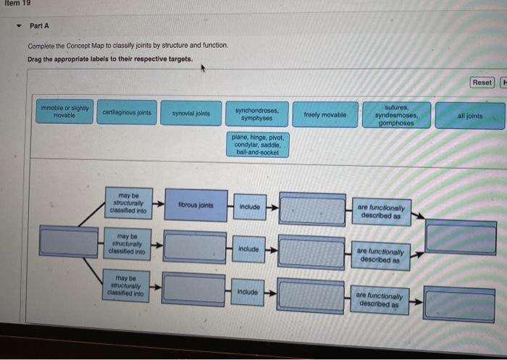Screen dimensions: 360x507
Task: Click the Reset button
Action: [482, 83]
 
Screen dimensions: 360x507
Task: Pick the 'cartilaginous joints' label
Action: [127, 113]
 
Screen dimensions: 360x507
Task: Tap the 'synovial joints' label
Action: [190, 114]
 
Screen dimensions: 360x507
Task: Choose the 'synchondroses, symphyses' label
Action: [257, 114]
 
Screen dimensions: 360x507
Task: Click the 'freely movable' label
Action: [325, 114]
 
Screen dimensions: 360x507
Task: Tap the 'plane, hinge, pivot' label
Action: [258, 144]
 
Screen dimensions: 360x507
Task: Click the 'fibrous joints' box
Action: [196, 205]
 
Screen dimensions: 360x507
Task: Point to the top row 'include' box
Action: [249, 206]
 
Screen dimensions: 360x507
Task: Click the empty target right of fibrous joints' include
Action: [312, 208]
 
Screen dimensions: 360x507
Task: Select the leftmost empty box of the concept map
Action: [68, 241]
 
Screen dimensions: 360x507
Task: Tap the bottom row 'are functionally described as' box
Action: [379, 299]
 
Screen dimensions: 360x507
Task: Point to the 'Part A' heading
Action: [39, 26]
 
